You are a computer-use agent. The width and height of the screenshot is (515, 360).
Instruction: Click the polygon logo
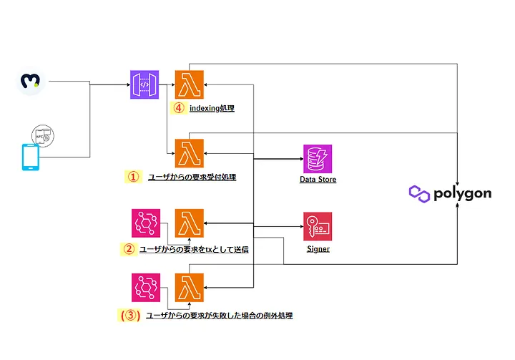tap(450, 193)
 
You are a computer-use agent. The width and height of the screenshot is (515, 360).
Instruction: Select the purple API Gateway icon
tap(144, 84)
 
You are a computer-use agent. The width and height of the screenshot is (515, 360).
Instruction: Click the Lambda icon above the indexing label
tap(190, 84)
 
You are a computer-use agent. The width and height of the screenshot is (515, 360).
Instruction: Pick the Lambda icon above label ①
tap(190, 152)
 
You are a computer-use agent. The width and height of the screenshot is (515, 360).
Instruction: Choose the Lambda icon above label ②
tap(190, 223)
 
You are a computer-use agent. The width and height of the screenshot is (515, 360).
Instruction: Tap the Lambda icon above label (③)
tap(190, 288)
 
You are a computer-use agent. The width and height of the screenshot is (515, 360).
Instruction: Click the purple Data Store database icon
tap(318, 158)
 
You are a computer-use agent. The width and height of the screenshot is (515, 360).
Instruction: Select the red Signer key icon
tap(318, 227)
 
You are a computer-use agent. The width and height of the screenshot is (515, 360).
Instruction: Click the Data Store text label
tap(318, 180)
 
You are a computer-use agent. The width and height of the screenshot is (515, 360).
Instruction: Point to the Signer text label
tap(318, 250)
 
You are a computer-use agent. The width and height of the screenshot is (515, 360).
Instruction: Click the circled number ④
tap(178, 109)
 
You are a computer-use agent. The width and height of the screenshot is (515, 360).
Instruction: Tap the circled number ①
tap(132, 176)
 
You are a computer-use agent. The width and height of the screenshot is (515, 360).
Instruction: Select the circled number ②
tap(129, 249)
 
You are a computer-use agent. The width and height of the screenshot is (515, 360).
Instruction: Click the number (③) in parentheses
tap(130, 315)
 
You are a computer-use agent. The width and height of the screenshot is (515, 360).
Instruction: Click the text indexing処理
tap(212, 109)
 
